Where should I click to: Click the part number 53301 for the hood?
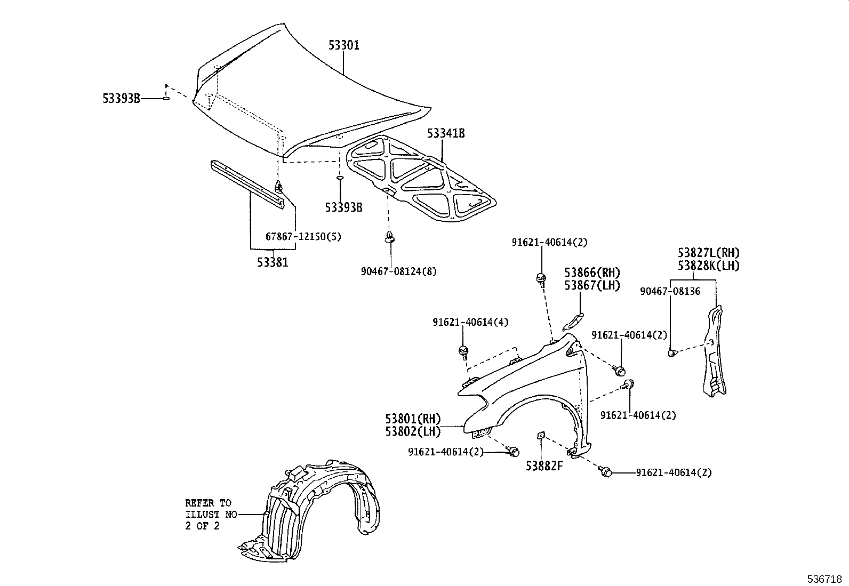[343, 45]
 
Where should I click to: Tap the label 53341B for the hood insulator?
[445, 133]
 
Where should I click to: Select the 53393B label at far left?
[121, 99]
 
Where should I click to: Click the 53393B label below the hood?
[343, 207]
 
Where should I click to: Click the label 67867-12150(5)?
[303, 236]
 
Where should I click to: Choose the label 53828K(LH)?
[709, 266]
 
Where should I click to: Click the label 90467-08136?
[670, 291]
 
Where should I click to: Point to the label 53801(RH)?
[413, 419]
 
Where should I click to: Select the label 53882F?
[544, 466]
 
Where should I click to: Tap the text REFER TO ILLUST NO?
[209, 514]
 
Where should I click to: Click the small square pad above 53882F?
[540, 436]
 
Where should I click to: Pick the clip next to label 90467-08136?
[672, 353]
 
